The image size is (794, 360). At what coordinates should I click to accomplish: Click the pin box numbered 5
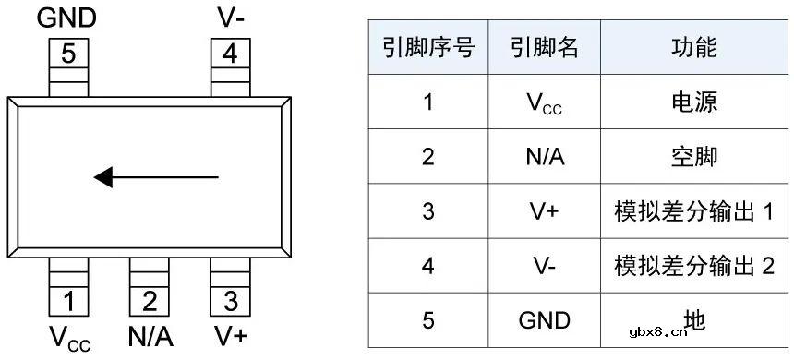pyautogui.click(x=69, y=54)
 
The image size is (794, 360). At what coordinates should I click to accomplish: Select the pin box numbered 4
pyautogui.click(x=230, y=54)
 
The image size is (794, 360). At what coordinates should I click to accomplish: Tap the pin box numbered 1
pyautogui.click(x=69, y=301)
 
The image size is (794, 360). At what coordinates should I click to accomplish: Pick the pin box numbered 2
pyautogui.click(x=150, y=301)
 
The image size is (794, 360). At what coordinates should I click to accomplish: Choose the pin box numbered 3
pyautogui.click(x=230, y=301)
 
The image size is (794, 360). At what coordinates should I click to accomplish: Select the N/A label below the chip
pyautogui.click(x=150, y=336)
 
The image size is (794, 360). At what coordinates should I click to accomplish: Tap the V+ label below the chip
pyautogui.click(x=230, y=336)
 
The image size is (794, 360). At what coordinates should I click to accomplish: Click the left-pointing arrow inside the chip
pyautogui.click(x=157, y=175)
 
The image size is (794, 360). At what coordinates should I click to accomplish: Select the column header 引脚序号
pyautogui.click(x=427, y=48)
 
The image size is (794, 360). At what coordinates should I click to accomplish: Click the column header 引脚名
pyautogui.click(x=544, y=48)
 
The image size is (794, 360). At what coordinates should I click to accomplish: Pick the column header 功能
pyautogui.click(x=693, y=48)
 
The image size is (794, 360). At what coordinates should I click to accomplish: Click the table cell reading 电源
pyautogui.click(x=693, y=102)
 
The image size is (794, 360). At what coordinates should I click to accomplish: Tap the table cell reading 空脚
pyautogui.click(x=693, y=157)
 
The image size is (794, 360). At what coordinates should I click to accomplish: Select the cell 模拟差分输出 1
pyautogui.click(x=693, y=211)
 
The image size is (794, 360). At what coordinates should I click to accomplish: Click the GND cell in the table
pyautogui.click(x=544, y=320)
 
